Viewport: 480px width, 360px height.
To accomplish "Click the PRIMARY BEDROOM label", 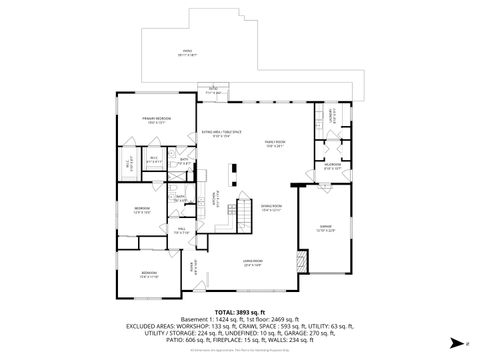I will (x=155, y=118).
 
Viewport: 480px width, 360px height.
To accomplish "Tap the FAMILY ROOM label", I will (x=276, y=143).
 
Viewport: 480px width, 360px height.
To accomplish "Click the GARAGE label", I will (x=325, y=228).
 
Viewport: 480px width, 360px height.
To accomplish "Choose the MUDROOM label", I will (x=332, y=166).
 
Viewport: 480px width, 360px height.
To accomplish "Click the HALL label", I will (x=183, y=229).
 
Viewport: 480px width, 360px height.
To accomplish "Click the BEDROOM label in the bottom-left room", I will (x=148, y=273).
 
